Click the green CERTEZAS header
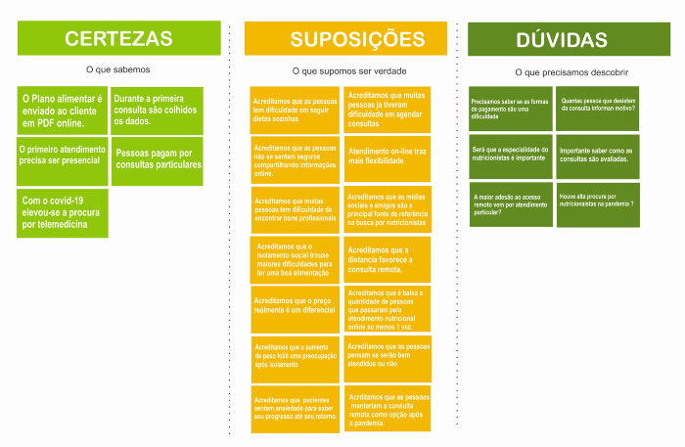click(x=119, y=38)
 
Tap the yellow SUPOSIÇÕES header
click(x=345, y=39)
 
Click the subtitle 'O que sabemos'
click(x=118, y=69)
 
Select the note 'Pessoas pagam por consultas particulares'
click(x=158, y=158)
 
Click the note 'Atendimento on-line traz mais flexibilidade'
click(x=387, y=157)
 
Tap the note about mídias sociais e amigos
click(x=387, y=209)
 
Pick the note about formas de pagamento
click(x=511, y=108)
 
